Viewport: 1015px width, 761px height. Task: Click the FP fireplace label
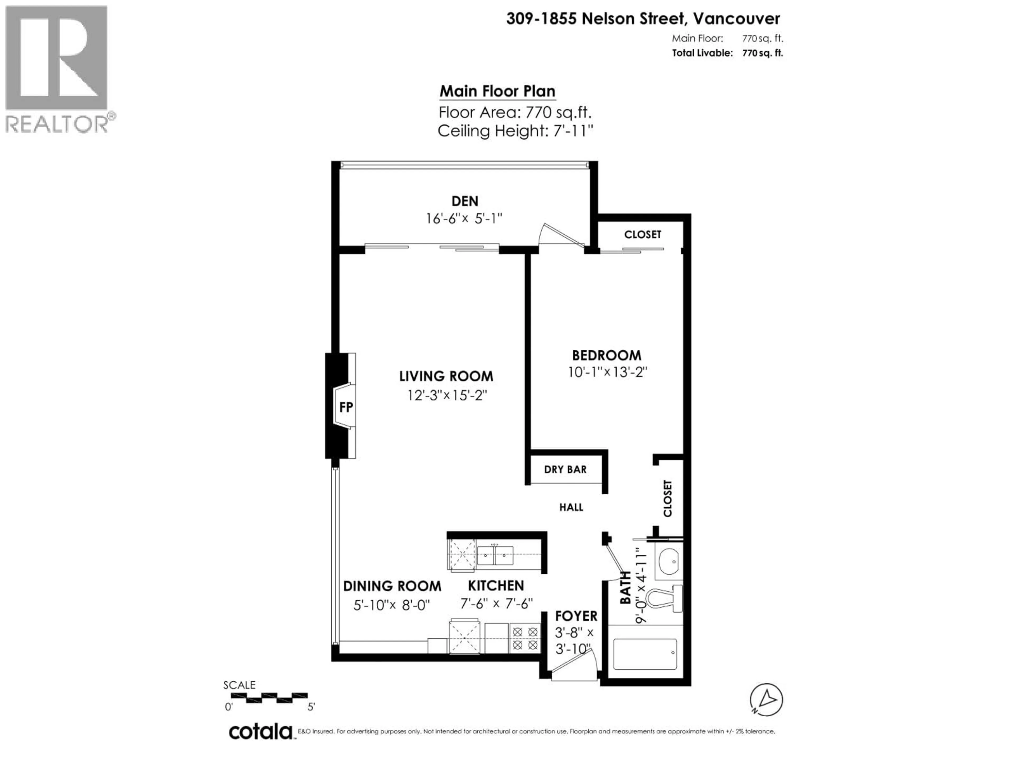tap(346, 407)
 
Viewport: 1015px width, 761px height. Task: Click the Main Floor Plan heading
tap(497, 91)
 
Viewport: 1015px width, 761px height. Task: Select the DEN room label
tap(465, 201)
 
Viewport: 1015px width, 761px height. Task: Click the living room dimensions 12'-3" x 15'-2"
tap(446, 395)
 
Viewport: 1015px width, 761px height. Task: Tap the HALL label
tap(571, 507)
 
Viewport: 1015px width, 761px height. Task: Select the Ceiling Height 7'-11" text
tap(515, 131)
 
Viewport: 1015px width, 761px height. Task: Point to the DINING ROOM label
tap(392, 586)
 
